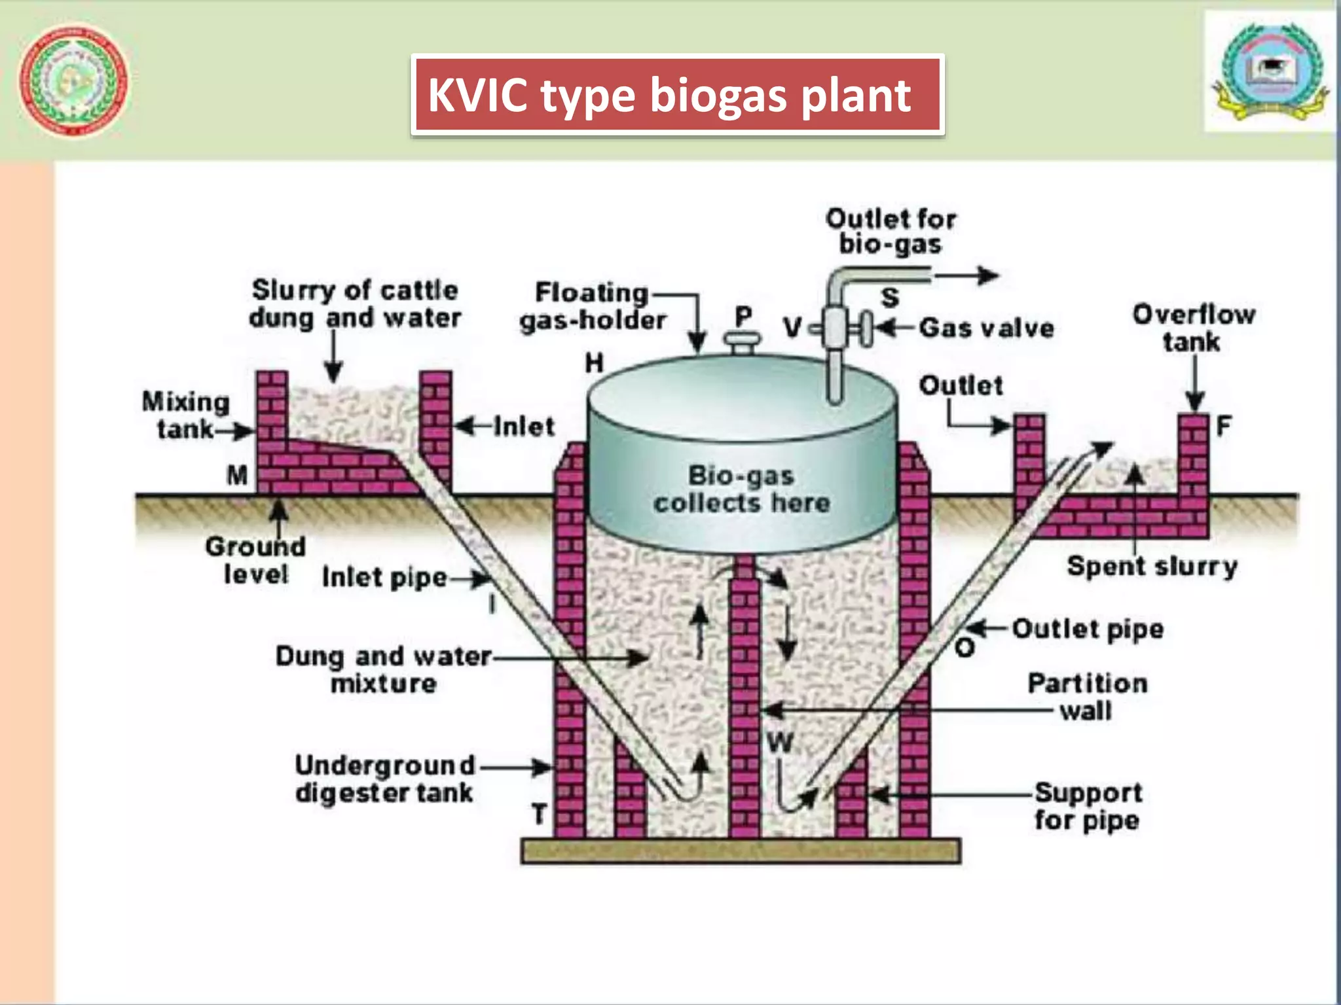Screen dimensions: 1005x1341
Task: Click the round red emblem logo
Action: pos(73,80)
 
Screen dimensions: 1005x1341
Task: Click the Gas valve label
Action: pos(986,328)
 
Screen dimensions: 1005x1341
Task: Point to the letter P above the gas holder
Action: pos(743,317)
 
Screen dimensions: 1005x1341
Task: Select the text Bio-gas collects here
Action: pos(741,489)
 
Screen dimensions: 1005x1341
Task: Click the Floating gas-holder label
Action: pos(593,306)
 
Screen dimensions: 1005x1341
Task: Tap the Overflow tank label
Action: pos(1193,328)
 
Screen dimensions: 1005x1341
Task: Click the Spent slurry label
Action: pos(1152,566)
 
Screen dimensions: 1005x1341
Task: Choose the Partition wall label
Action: pos(1087,697)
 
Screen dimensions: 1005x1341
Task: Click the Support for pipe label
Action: pos(1088,806)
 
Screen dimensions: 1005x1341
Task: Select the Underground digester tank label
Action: pos(385,779)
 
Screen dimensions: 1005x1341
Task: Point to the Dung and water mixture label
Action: pos(384,669)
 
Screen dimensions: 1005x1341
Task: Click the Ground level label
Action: pos(255,561)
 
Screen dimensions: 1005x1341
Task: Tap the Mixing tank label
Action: pos(186,415)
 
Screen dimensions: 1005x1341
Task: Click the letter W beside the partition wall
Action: pos(780,743)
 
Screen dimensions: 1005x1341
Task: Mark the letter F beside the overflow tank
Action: pos(1223,427)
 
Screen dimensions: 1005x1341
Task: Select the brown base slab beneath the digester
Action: pos(741,851)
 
